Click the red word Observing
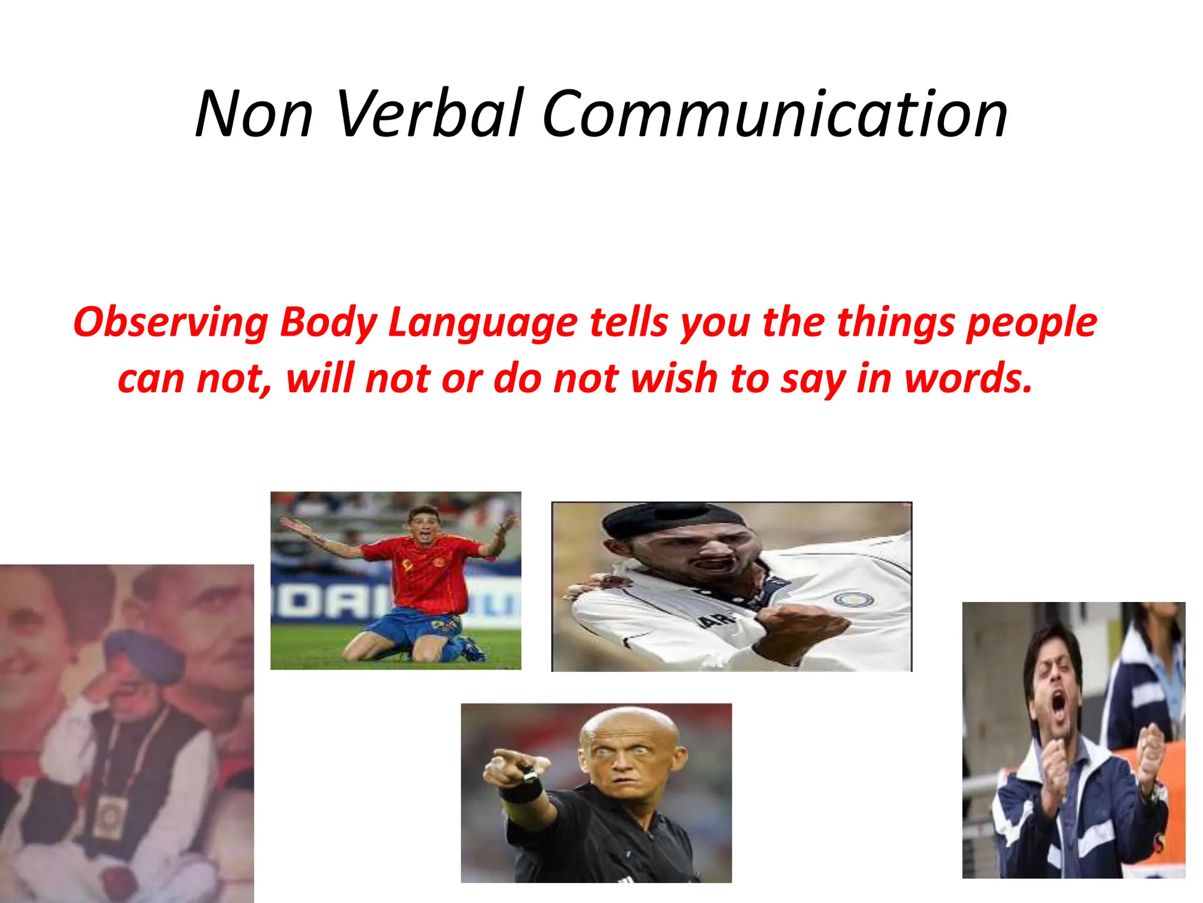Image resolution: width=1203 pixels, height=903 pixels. point(170,323)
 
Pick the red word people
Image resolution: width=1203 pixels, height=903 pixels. point(1031,323)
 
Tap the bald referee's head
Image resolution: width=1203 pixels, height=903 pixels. point(623,729)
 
